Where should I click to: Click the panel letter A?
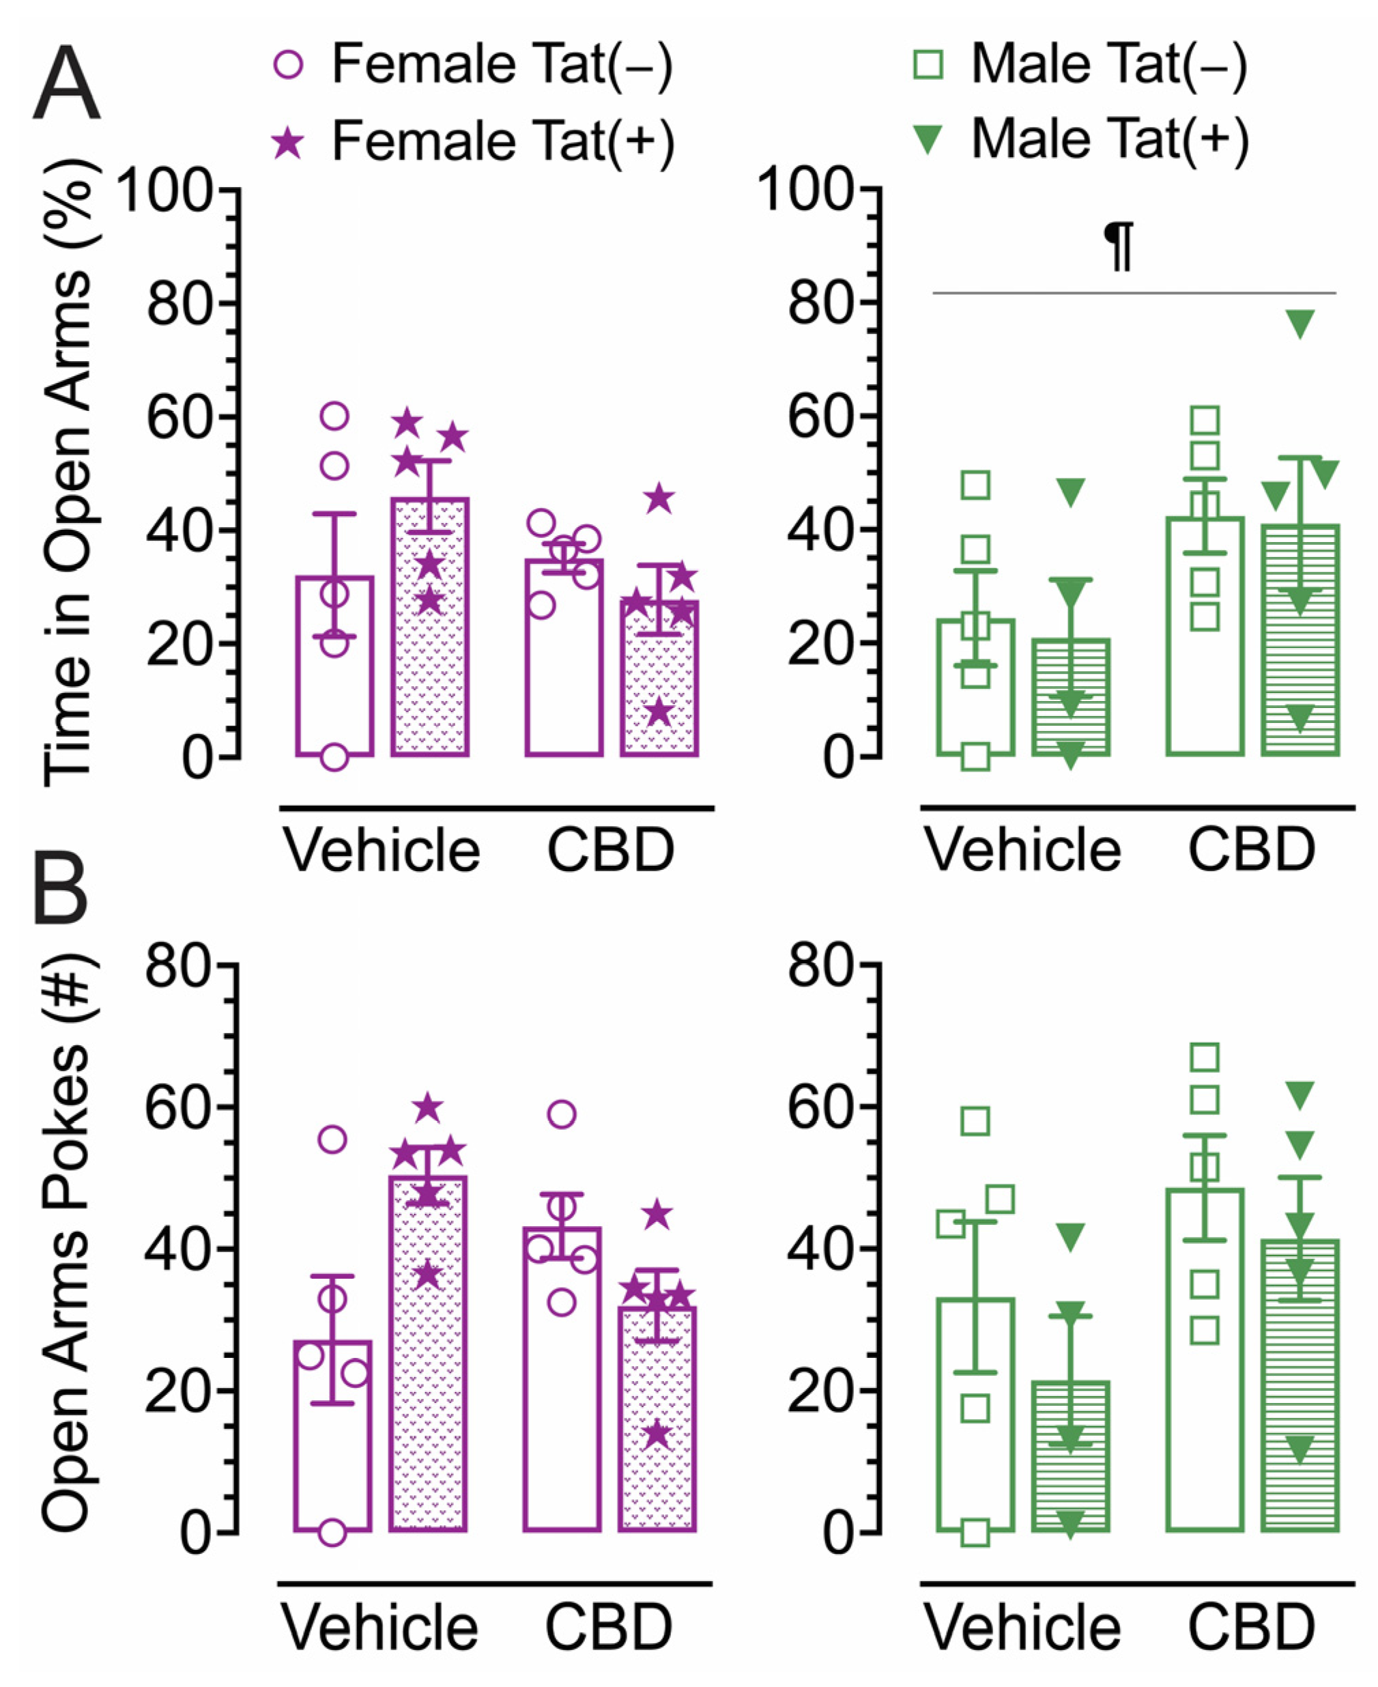[x=67, y=83]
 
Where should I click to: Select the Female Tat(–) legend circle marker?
[x=288, y=64]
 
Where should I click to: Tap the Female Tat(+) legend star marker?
[x=288, y=143]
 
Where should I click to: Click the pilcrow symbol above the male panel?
[x=1120, y=246]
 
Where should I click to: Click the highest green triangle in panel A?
[x=1300, y=323]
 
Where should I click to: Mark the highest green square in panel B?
[x=1205, y=1057]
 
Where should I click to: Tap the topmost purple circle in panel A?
[x=334, y=415]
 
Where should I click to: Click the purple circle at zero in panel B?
[x=332, y=1533]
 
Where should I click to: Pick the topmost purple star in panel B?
[x=428, y=1107]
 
